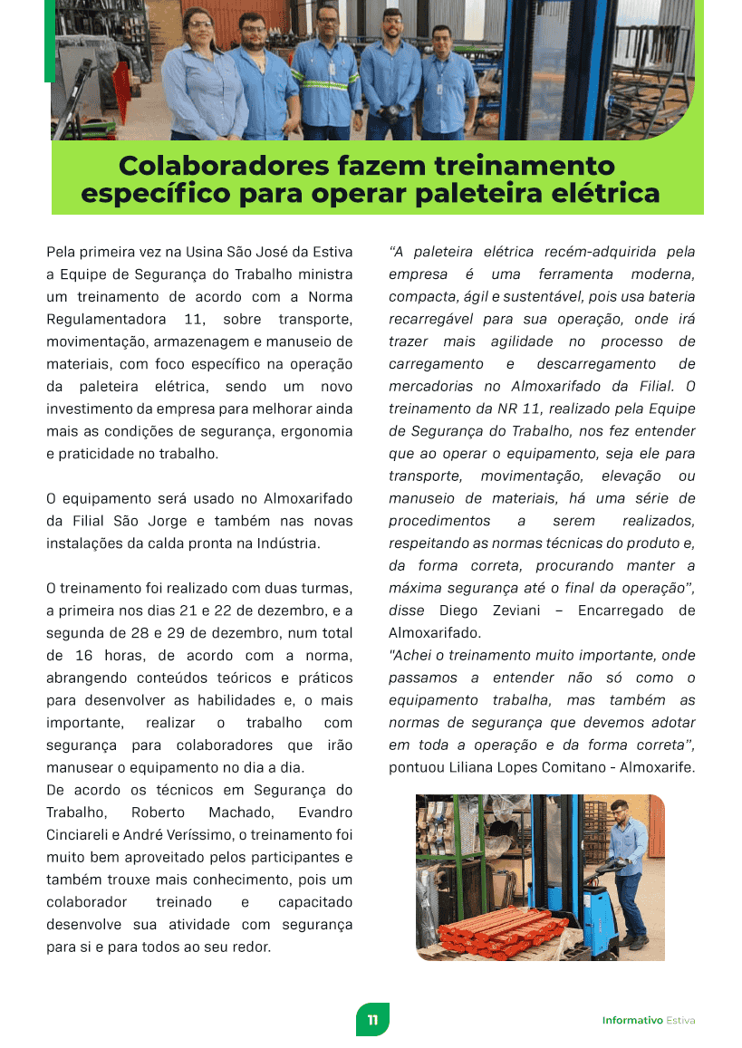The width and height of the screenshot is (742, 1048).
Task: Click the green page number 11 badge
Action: coord(372,1020)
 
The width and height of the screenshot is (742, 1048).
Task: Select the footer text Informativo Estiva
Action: coord(649,1021)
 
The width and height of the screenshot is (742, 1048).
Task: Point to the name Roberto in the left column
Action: coord(159,812)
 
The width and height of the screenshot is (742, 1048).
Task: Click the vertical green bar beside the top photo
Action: coord(49,41)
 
